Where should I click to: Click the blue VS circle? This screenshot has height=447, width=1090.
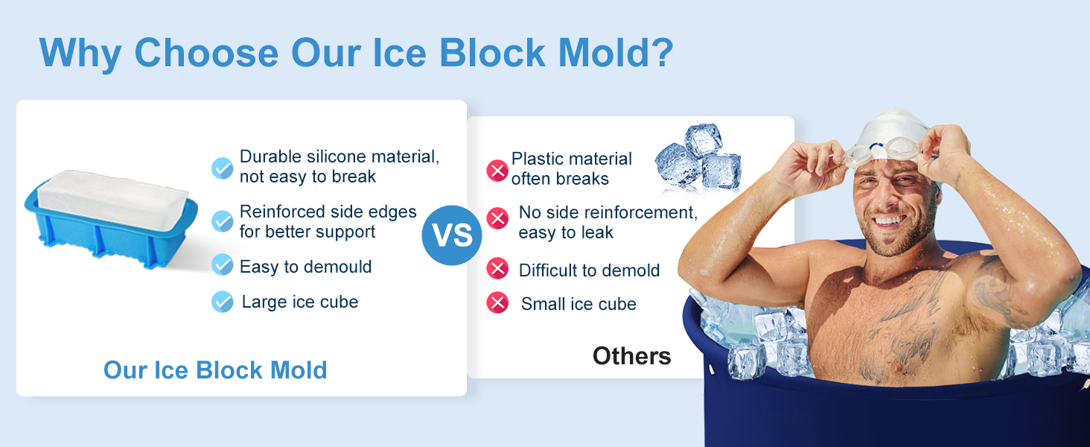[452, 235]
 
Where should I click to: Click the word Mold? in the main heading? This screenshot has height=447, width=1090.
[616, 52]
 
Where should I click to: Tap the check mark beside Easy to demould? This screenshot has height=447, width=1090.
[223, 264]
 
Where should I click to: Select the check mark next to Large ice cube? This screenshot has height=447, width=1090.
[223, 302]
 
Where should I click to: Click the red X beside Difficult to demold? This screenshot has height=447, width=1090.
[497, 268]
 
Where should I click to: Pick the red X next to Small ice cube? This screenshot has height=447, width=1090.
[497, 302]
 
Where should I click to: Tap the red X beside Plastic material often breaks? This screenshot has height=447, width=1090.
[497, 171]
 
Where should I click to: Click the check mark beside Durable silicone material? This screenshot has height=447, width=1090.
[223, 168]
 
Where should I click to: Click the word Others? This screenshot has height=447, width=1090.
[631, 356]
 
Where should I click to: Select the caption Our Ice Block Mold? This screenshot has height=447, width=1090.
[215, 370]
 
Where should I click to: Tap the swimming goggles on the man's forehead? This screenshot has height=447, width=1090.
[883, 151]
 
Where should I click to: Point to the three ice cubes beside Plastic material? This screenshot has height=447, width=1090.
[698, 158]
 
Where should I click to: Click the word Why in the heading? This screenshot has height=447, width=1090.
[80, 54]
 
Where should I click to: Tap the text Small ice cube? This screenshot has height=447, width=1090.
[579, 304]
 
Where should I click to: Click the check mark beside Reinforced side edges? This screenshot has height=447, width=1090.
[223, 221]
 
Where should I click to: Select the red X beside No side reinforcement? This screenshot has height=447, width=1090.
[497, 218]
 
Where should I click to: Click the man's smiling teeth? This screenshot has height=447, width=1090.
[888, 221]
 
